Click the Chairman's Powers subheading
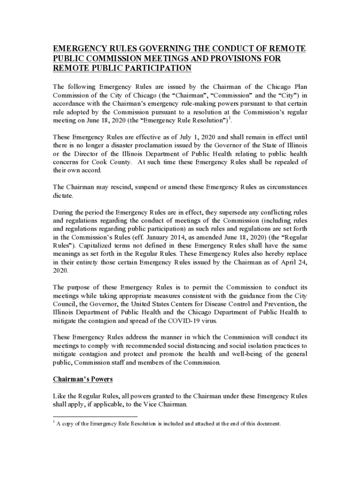pyautogui.click(x=83, y=379)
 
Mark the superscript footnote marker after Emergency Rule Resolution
pyautogui.click(x=230, y=118)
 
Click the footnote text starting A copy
pyautogui.click(x=168, y=424)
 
